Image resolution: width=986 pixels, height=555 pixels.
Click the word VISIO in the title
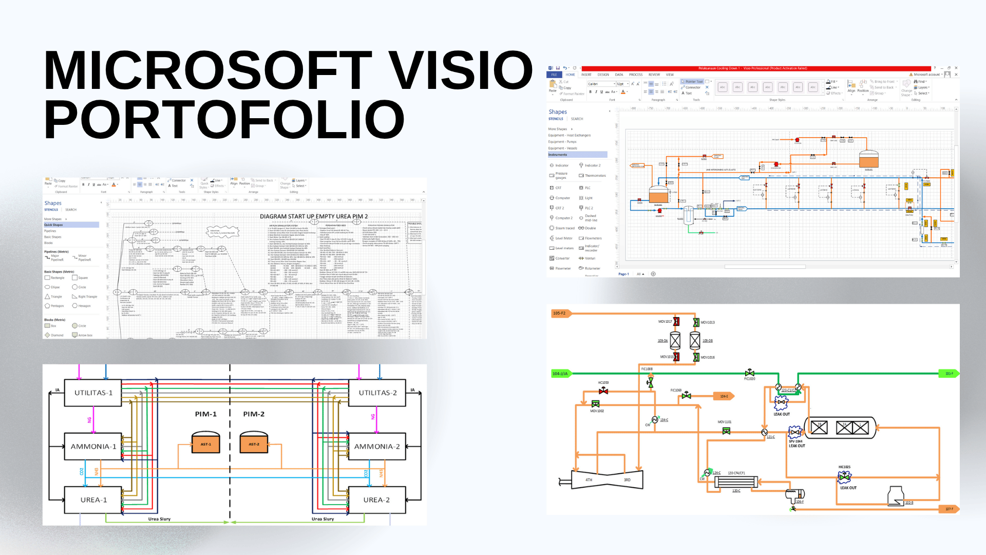pyautogui.click(x=460, y=70)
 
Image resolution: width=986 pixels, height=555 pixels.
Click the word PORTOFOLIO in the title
pyautogui.click(x=224, y=119)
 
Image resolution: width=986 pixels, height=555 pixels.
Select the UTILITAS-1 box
pyautogui.click(x=93, y=393)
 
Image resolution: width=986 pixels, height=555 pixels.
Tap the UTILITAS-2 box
pyautogui.click(x=377, y=393)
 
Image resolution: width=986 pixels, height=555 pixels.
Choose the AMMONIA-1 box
pyautogui.click(x=93, y=447)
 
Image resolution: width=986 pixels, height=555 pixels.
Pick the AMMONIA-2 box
pyautogui.click(x=377, y=447)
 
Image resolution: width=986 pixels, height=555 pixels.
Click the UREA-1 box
pyautogui.click(x=93, y=500)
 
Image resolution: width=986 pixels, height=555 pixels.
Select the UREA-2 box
pyautogui.click(x=377, y=500)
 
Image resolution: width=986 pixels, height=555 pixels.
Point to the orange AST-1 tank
pyautogui.click(x=205, y=443)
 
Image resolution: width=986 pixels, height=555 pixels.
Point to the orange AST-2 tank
pyautogui.click(x=254, y=443)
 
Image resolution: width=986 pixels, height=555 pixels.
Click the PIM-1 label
pyautogui.click(x=205, y=414)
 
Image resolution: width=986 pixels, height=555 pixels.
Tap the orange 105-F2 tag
pyautogui.click(x=560, y=313)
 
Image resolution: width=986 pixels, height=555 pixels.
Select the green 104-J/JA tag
pyautogui.click(x=560, y=374)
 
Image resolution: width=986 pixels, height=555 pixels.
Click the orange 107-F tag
pyautogui.click(x=950, y=509)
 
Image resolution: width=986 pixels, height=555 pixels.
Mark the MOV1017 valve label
pyautogui.click(x=665, y=322)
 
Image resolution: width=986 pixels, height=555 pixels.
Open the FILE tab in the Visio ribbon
pyautogui.click(x=554, y=75)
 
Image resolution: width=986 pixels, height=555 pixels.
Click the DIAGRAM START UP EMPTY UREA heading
pyautogui.click(x=313, y=216)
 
